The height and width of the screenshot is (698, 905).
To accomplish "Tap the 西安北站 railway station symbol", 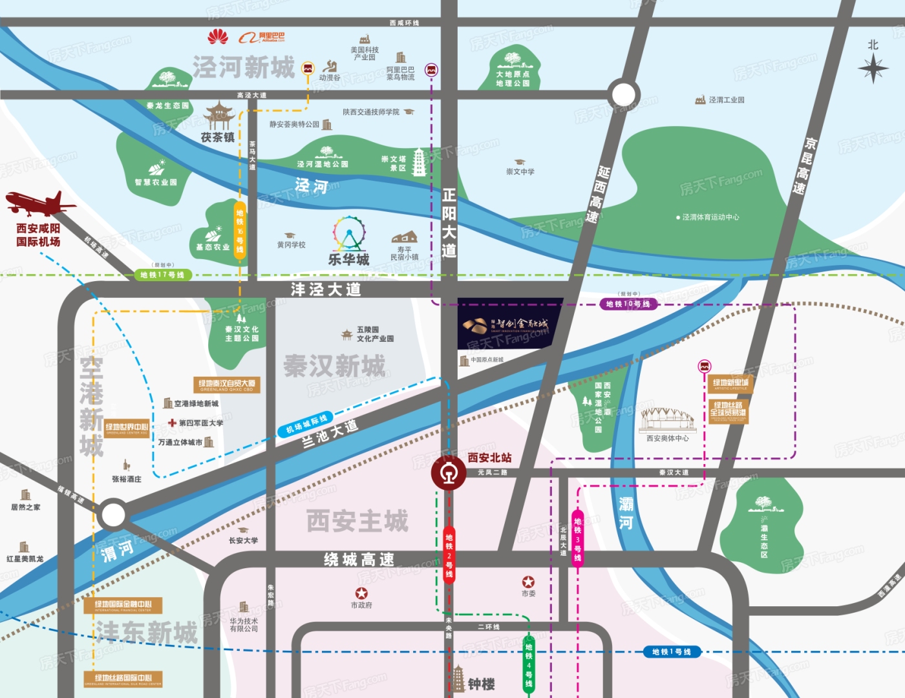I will tap(449, 473).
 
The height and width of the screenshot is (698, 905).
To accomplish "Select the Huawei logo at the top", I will tap(218, 37).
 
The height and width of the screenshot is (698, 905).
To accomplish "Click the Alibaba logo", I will tap(262, 37).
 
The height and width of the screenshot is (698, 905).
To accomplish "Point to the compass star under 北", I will tap(873, 68).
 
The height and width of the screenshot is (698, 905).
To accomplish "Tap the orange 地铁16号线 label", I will tap(240, 231).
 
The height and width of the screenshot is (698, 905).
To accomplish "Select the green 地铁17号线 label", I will tap(163, 275).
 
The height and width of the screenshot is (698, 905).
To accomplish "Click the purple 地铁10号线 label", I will tap(628, 304).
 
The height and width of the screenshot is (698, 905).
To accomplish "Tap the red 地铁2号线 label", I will tap(449, 555).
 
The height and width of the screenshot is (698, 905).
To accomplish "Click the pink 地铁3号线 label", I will tap(577, 539).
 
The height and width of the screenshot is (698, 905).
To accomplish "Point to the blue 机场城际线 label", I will tap(306, 424).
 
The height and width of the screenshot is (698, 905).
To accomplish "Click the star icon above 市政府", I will tap(361, 593).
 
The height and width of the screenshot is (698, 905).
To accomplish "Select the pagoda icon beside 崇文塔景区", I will tap(419, 162).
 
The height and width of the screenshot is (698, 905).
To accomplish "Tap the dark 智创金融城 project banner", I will tap(509, 324).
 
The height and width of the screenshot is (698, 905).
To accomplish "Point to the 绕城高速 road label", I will tap(359, 560).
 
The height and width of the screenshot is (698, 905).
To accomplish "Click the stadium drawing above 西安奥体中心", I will tap(667, 420).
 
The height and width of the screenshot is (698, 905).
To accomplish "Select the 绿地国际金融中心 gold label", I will tap(123, 606).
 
